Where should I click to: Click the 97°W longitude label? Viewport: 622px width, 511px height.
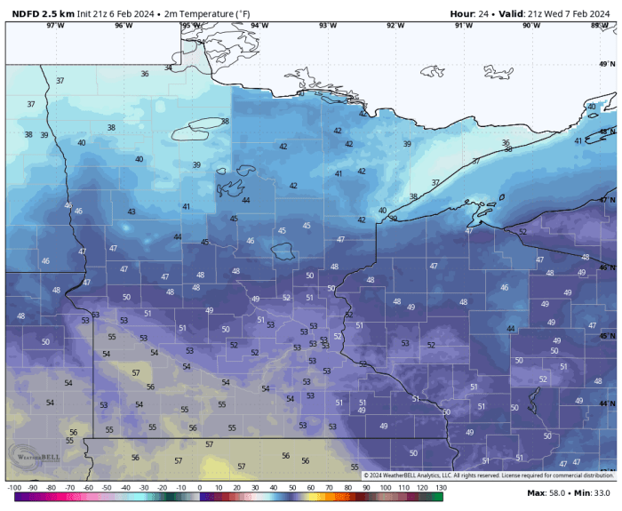(55, 25)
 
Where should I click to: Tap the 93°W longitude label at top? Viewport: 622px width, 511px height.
(327, 25)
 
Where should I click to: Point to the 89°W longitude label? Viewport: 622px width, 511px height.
(600, 25)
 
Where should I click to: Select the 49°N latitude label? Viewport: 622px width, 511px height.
(607, 64)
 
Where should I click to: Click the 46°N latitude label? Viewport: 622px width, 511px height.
(607, 267)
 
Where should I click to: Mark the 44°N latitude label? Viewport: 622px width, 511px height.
(607, 403)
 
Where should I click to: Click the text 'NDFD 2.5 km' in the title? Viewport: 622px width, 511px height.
(43, 13)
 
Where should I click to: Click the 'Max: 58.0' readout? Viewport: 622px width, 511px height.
(547, 492)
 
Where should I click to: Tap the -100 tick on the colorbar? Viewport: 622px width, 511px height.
(14, 488)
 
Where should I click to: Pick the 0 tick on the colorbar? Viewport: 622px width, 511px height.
(199, 488)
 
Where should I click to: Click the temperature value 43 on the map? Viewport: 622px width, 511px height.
(132, 212)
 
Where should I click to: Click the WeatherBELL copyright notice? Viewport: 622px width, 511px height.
(488, 475)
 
